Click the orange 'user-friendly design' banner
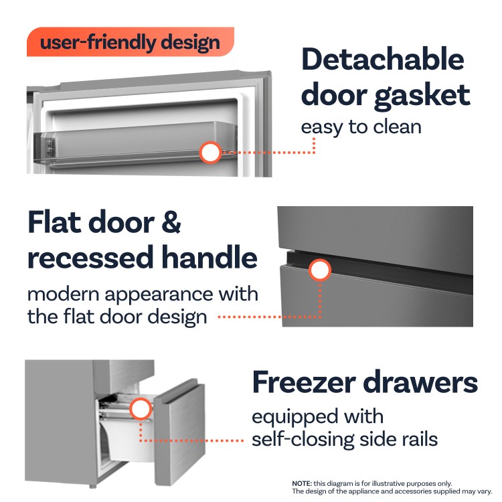[x=131, y=42]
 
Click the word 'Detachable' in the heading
[x=383, y=59]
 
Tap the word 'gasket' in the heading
[x=422, y=96]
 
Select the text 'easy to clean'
[x=361, y=127]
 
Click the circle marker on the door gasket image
[x=210, y=153]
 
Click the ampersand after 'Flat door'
[x=171, y=222]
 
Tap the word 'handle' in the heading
[x=210, y=257]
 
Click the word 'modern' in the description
[x=64, y=295]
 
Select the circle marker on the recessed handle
[x=320, y=270]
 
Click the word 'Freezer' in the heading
[x=304, y=382]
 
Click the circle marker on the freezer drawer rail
[x=141, y=409]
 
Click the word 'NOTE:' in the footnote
[x=302, y=483]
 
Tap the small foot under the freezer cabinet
[x=93, y=487]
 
